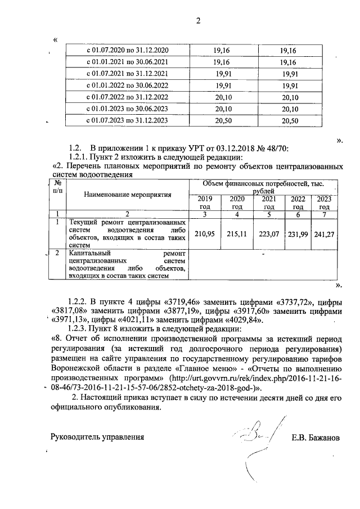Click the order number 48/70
276,148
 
